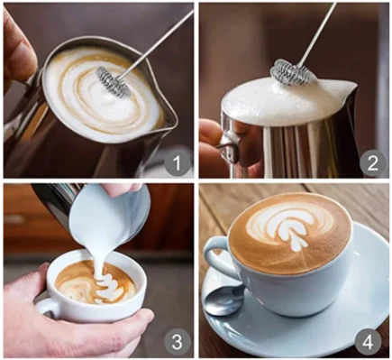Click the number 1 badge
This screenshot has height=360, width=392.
(x=178, y=162)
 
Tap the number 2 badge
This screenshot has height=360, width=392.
(x=372, y=162)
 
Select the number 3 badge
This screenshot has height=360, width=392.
(x=178, y=342)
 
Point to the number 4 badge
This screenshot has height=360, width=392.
(x=369, y=342)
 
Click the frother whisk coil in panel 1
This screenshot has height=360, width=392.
(x=114, y=80)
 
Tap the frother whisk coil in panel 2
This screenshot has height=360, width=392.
(x=293, y=72)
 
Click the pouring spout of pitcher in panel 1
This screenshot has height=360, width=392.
(x=169, y=117)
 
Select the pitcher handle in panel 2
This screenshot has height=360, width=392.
(x=229, y=147)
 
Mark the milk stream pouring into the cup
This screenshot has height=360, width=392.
(x=99, y=256)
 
